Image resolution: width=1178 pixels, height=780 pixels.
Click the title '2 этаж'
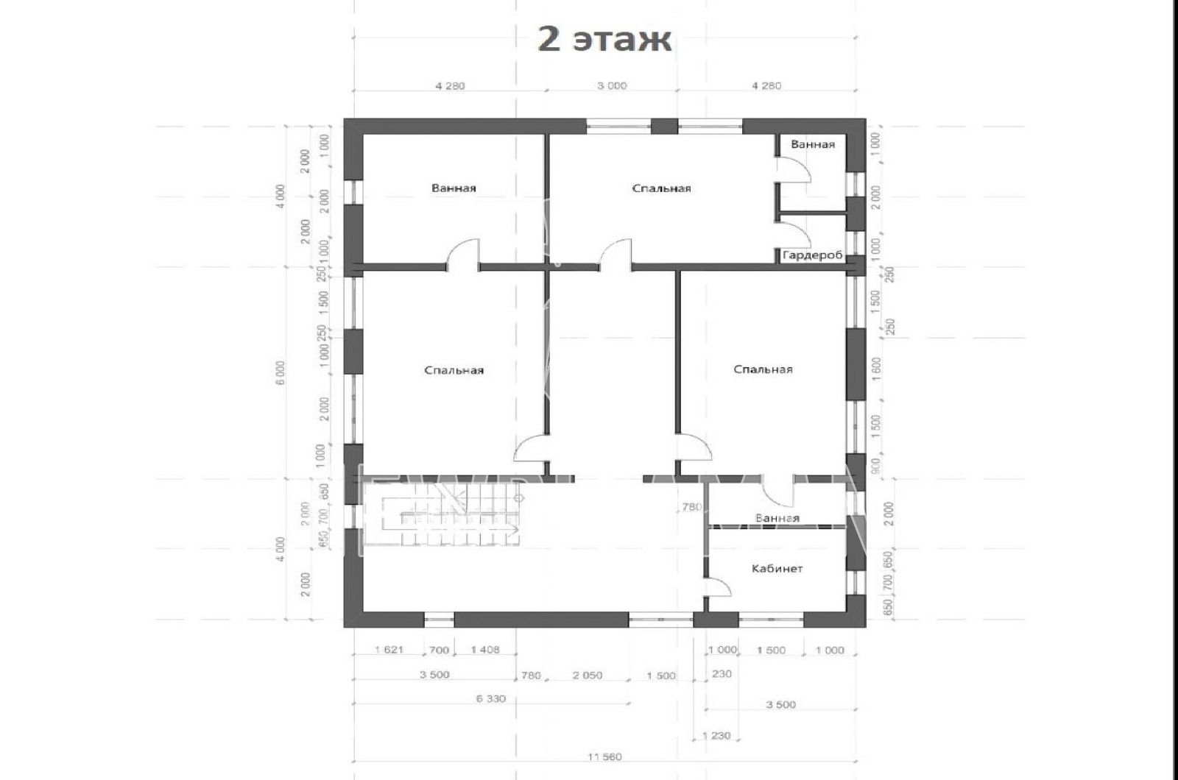coord(604,39)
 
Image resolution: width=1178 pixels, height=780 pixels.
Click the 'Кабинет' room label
coord(777,569)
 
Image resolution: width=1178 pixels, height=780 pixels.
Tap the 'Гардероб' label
coord(812,255)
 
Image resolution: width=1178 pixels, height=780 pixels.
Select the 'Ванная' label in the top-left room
coord(454,188)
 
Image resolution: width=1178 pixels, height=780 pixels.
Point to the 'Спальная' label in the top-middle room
coord(661,188)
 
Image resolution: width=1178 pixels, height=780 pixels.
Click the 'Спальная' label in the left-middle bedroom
coord(454,370)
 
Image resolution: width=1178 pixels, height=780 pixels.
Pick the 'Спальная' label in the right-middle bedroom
coord(763,369)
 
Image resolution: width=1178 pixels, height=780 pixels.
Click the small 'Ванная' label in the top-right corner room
coord(813,144)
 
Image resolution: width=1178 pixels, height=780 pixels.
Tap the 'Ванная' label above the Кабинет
coord(777,518)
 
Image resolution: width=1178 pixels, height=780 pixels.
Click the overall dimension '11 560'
coord(604,757)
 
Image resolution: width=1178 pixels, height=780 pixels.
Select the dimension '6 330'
coord(490,698)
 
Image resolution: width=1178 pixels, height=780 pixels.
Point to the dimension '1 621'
coord(388,650)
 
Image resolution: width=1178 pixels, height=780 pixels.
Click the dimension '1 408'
coord(484,650)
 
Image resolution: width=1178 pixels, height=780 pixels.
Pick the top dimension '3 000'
coord(612,85)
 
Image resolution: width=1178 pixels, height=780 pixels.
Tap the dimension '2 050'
coord(587,675)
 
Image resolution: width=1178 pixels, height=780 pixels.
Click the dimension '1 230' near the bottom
coord(716,735)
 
